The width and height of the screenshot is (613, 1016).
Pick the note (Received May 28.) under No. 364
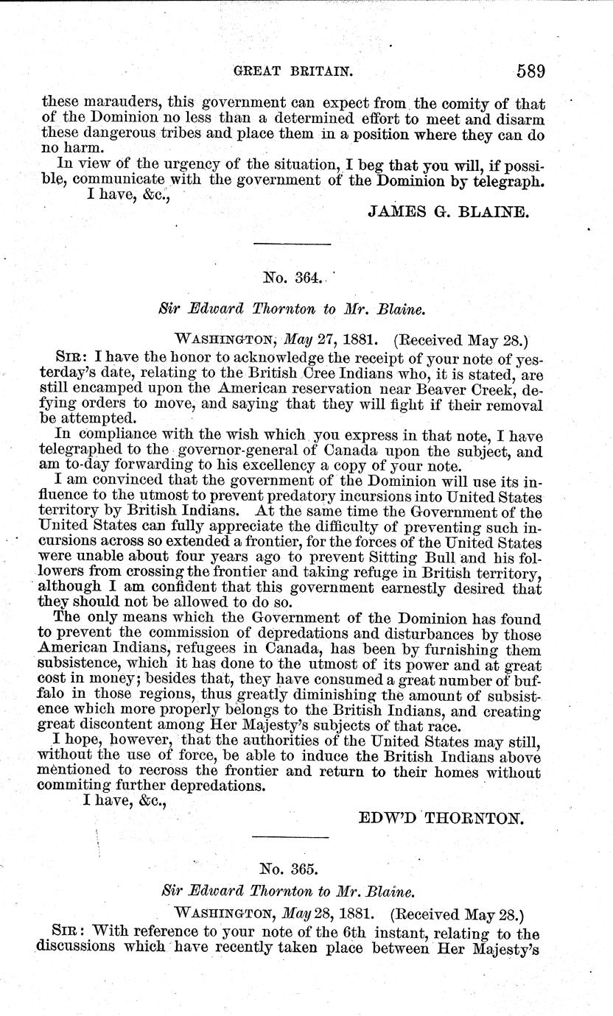tap(462, 340)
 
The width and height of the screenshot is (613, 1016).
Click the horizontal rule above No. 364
tap(292, 243)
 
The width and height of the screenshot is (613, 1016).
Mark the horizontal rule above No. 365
tap(290, 838)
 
